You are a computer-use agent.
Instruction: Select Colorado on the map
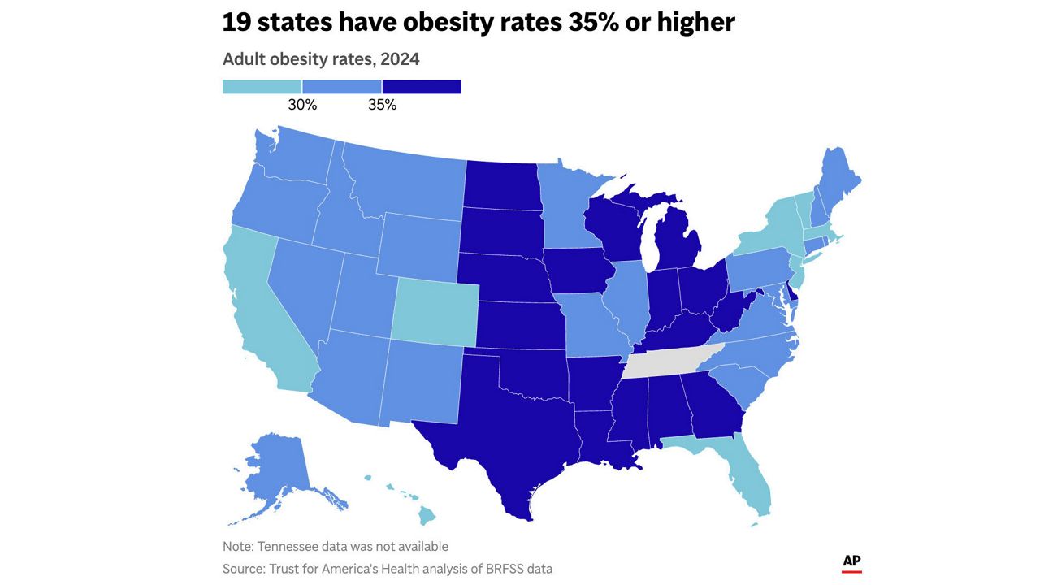(435, 313)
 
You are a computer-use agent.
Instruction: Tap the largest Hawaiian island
(427, 515)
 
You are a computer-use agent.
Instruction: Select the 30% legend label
(302, 105)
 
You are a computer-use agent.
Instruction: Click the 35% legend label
(382, 105)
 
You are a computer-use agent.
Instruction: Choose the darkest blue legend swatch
(422, 87)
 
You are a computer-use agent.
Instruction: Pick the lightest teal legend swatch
(262, 87)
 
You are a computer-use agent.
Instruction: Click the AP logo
(852, 563)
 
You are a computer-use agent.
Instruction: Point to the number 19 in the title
(236, 22)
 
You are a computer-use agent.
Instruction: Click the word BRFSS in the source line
(505, 569)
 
